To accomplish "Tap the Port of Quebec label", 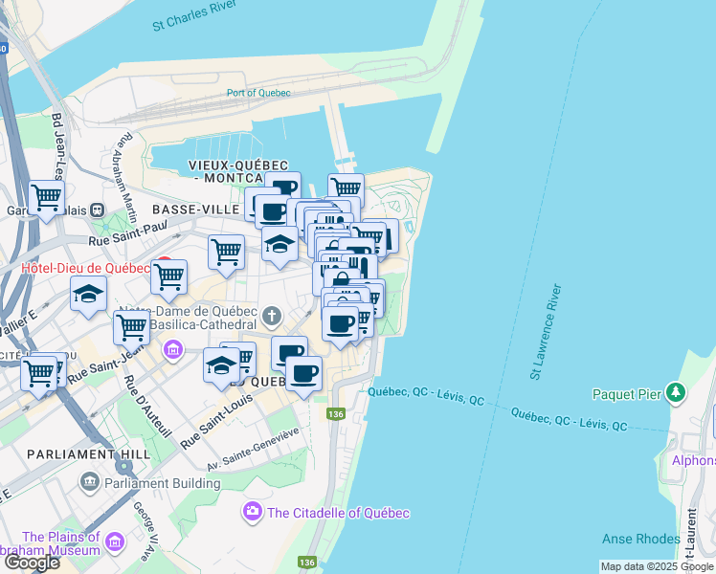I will pos(258,93).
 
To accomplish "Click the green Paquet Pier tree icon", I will pos(677,392).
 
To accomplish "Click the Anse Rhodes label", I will pos(641,539).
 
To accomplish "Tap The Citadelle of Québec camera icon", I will pos(254,513).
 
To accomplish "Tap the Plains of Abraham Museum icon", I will pos(116,543).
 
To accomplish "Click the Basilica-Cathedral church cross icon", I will pos(272,316).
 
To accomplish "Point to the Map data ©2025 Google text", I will pos(656,566).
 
